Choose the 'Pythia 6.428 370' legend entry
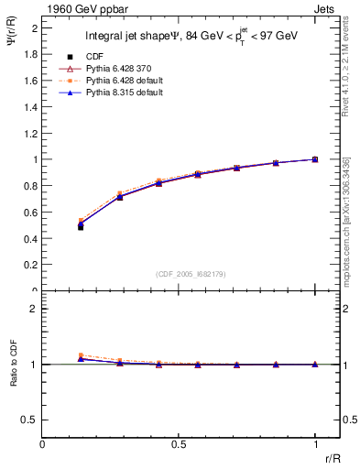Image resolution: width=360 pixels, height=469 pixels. click(x=125, y=69)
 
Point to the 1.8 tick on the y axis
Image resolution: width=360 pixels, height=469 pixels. click(x=32, y=54)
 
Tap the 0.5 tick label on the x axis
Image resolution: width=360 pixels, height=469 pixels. click(x=178, y=444)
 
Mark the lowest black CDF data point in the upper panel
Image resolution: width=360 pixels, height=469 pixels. click(x=81, y=227)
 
